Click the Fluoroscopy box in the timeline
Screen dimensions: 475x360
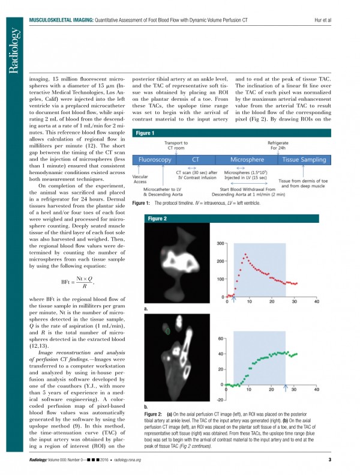pos(156,161)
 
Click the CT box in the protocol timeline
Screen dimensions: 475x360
pos(195,161)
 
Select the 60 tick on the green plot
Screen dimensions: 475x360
pos(221,339)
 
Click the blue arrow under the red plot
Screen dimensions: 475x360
pos(235,300)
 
